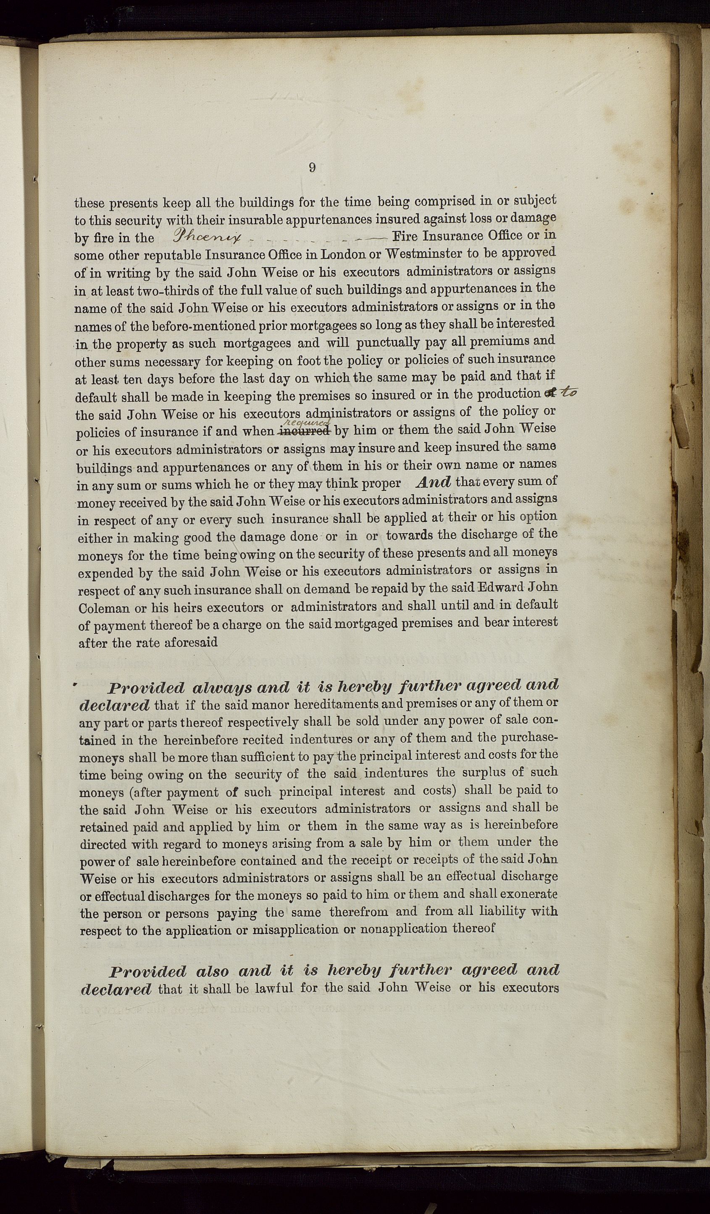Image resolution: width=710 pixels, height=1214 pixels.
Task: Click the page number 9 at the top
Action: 312,168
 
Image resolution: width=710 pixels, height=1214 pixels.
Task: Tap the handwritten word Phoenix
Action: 205,237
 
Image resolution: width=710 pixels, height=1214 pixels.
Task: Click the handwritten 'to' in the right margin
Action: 569,392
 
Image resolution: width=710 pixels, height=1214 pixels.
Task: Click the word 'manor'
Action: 267,705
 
